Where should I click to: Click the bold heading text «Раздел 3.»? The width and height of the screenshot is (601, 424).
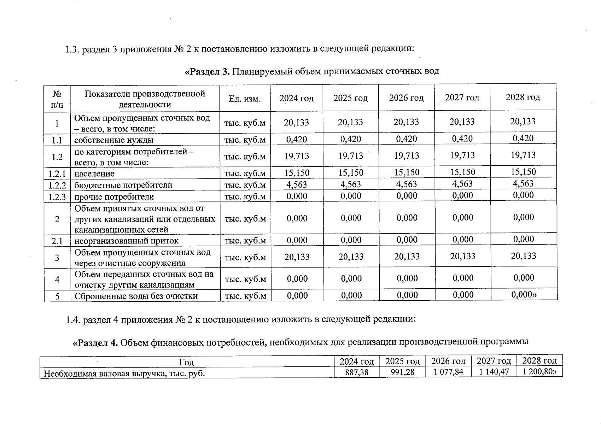[x=207, y=71]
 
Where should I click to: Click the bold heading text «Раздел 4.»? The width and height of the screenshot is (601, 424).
[x=95, y=342]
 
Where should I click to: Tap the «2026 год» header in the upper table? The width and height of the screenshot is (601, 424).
[x=406, y=98]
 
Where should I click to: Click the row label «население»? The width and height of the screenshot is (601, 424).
[x=94, y=174]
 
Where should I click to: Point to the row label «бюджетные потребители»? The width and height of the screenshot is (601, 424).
[x=123, y=185]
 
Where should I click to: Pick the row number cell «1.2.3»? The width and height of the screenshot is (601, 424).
[x=57, y=197]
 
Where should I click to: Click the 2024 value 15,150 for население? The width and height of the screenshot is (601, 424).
[x=297, y=173]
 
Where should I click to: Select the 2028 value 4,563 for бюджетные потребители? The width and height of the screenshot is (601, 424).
[x=523, y=183]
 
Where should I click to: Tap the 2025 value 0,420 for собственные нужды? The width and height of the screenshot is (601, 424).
[x=351, y=139]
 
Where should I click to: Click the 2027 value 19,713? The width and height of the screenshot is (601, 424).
[x=462, y=155]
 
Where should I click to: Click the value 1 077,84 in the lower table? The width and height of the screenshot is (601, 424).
[x=448, y=372]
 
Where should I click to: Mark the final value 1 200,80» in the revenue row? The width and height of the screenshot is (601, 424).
[x=540, y=372]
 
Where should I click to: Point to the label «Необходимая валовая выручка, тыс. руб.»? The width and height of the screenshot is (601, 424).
[x=124, y=373]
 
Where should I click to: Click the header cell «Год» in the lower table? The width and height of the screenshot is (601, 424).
[x=186, y=362]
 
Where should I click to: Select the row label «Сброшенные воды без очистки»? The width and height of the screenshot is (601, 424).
[x=136, y=296]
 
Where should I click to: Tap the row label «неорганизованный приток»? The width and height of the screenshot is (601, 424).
[x=126, y=241]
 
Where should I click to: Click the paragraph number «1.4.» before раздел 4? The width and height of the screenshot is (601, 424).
[x=73, y=320]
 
